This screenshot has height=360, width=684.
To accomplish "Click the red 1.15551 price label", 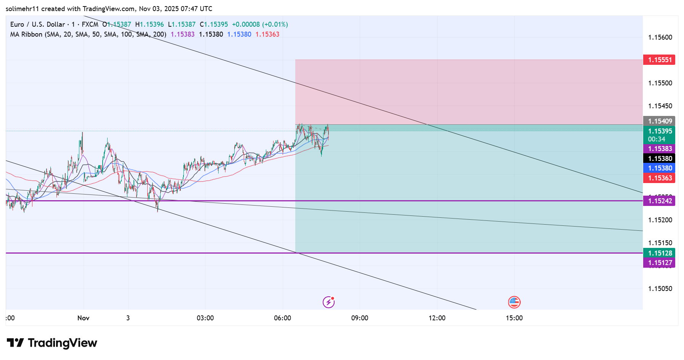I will point(660,60).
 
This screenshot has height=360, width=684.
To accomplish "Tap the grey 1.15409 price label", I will point(660,121).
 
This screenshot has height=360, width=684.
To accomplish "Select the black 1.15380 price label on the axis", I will point(660,159).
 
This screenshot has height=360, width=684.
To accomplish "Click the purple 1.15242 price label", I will point(660,201).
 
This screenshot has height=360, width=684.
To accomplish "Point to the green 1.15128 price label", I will point(660,253).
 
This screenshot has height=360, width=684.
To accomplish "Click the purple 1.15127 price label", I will point(660,263).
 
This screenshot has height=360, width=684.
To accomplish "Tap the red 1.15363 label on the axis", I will point(660,178).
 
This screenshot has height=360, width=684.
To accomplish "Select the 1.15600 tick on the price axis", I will point(660,37).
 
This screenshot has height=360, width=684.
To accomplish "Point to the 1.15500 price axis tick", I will point(660,83).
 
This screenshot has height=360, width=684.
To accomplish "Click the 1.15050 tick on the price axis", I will point(660,289).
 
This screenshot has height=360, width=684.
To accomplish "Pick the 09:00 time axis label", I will point(359,318).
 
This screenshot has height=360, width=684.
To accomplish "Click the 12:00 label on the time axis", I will point(437,318).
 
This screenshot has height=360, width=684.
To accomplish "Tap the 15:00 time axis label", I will point(514,318).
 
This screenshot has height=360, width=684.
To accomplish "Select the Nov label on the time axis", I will point(83,318).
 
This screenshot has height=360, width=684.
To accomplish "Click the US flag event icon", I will point(514,302).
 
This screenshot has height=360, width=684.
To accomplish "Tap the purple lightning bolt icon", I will point(328,302).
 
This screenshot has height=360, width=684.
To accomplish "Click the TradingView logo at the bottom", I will point(52,343).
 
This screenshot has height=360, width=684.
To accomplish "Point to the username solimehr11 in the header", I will point(23,9).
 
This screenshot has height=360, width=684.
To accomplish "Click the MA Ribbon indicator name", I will point(26,34).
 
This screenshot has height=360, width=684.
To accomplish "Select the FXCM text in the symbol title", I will point(90,24).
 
